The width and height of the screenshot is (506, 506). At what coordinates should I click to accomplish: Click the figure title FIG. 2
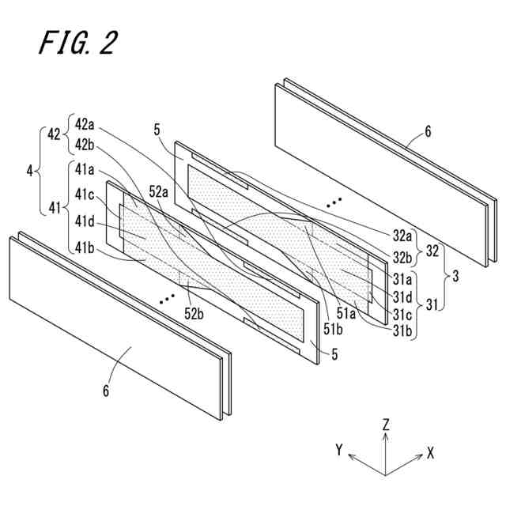pos(78,43)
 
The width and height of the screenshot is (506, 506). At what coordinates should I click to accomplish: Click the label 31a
pos(404,279)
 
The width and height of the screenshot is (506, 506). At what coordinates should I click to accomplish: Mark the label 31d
pos(404,297)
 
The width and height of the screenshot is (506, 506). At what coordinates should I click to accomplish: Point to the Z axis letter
pos(385,424)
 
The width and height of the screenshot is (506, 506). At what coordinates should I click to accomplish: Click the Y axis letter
pos(338,450)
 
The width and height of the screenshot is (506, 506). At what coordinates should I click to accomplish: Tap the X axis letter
pos(431,453)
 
